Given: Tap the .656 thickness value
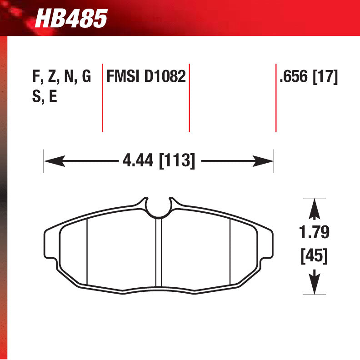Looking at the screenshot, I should (x=294, y=76).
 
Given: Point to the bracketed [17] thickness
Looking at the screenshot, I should (x=325, y=76).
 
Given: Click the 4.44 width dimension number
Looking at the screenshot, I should (x=138, y=160).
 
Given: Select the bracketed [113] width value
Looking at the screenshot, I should (x=176, y=160).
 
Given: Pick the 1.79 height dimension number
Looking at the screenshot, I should (x=314, y=232).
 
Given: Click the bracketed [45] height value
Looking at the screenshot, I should (x=314, y=255).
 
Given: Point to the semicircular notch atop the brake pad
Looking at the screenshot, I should (x=159, y=207).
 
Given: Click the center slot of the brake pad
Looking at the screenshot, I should (x=159, y=255).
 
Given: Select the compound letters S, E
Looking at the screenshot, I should (x=45, y=97).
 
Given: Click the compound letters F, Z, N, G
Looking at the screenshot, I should (x=62, y=76).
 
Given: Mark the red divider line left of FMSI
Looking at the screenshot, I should (x=102, y=97).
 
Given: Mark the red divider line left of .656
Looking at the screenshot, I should (x=275, y=97).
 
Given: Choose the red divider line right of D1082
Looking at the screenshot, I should (x=189, y=97).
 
